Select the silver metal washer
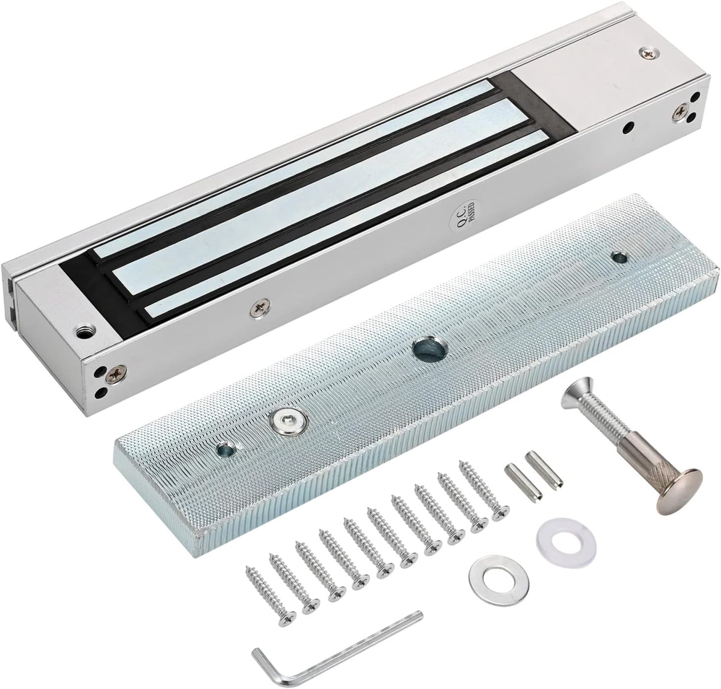pos(498,579)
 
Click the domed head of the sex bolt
pos(678,490)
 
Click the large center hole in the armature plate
pos(428,349)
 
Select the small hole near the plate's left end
pos(226,450)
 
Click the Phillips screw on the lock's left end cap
pos(115,374)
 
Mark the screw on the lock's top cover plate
pos(647,53)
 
